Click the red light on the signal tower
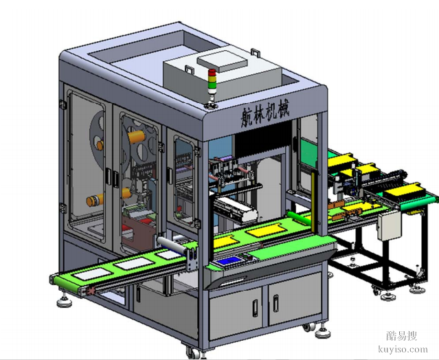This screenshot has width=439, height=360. click(212, 72)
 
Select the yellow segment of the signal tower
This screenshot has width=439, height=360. click(212, 79)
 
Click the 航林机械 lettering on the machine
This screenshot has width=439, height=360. click(265, 113)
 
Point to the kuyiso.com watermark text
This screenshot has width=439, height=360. click(403, 349)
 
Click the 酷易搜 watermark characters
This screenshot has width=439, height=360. click(402, 335)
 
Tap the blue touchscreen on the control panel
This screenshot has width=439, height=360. click(228, 261)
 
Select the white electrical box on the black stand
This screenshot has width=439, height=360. click(389, 225)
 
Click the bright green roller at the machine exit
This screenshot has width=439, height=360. click(299, 218)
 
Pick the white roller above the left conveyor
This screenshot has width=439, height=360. click(171, 245)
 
